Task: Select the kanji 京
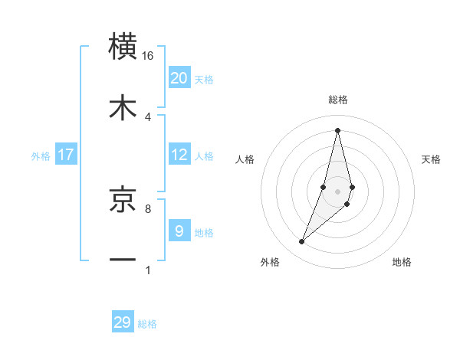point(123,200)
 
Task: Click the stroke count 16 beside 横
point(147,55)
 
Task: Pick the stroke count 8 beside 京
point(148,208)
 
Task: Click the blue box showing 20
point(179,78)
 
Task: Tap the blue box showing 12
point(179,155)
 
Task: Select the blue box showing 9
point(179,231)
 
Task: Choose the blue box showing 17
point(66,155)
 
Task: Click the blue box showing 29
point(123,322)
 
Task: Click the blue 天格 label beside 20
point(203,80)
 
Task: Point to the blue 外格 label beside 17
point(41,156)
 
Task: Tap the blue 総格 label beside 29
point(147,324)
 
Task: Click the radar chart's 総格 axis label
point(338,100)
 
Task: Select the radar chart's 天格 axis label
point(431,159)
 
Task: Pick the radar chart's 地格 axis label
point(402,262)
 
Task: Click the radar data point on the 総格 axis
point(337,129)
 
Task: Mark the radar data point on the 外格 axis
point(301,242)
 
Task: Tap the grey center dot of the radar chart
point(337,191)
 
